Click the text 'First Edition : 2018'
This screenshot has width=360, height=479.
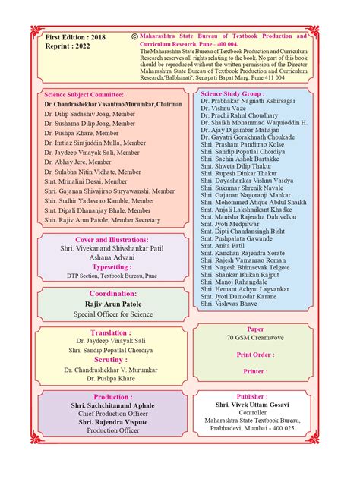76,36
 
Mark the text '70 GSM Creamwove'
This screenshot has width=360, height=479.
256,338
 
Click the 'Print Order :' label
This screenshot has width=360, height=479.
256,355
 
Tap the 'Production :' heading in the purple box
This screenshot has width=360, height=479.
112,396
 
